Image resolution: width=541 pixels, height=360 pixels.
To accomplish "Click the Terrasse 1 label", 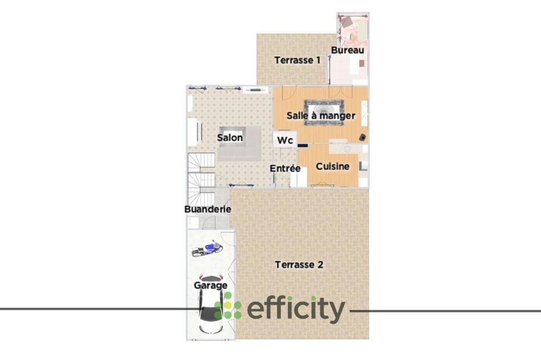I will pos(298,60).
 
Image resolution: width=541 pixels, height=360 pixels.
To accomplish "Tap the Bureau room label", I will pos(347,50).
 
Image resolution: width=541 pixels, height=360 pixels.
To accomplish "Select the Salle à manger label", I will pos(321,115).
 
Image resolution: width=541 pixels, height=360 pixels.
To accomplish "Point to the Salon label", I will pos(230,137).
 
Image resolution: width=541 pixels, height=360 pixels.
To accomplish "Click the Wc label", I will pos(285,141).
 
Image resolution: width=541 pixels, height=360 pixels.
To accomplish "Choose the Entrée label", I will pos(285,169).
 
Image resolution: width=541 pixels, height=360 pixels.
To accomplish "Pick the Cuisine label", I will pos(333,166).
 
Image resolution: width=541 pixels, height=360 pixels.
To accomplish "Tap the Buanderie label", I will pos(208,209).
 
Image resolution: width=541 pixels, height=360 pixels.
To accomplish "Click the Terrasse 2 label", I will pos(299,265).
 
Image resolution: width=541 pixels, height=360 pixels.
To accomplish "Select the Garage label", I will pos(210,285).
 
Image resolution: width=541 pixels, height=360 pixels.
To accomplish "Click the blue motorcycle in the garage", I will pos(207,249).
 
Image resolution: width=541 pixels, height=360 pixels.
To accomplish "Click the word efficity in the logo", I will pos(295,310).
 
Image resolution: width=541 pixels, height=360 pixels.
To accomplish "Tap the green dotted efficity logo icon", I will pos(228,309).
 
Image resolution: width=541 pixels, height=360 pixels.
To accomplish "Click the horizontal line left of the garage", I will pos(92,309).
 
